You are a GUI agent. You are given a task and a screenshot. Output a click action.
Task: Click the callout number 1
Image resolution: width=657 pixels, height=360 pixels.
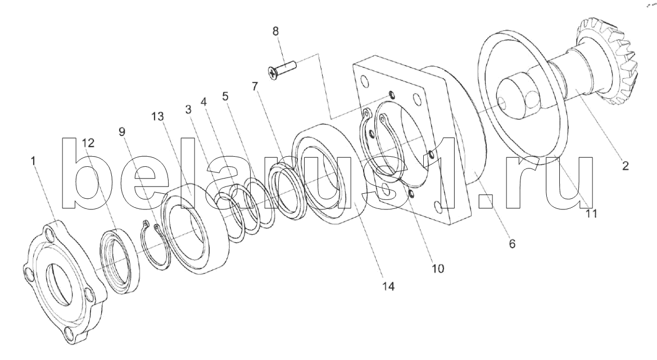pyautogui.click(x=34, y=161)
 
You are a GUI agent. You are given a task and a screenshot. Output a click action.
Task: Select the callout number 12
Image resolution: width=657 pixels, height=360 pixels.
pyautogui.click(x=88, y=143)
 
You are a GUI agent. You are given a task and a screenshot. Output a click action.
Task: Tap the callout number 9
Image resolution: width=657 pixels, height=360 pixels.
pyautogui.click(x=122, y=131)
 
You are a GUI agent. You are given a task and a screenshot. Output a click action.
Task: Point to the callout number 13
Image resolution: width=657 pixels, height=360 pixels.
pyautogui.click(x=158, y=116)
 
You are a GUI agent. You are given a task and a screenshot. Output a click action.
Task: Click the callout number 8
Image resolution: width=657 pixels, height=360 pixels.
pyautogui.click(x=275, y=30)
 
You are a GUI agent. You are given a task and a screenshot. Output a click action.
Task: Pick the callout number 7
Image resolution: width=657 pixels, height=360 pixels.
pyautogui.click(x=255, y=86)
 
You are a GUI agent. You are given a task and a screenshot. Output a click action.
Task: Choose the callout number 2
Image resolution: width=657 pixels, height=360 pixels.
pyautogui.click(x=625, y=166)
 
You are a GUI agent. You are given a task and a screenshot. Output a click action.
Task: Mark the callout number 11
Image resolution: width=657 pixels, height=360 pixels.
pyautogui.click(x=591, y=213)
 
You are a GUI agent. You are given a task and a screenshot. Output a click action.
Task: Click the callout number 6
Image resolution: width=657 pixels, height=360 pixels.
pyautogui.click(x=512, y=244)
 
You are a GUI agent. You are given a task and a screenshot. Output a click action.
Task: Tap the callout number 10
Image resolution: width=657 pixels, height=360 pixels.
pyautogui.click(x=437, y=268)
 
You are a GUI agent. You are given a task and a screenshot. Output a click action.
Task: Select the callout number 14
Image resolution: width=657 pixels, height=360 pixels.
pyautogui.click(x=388, y=286)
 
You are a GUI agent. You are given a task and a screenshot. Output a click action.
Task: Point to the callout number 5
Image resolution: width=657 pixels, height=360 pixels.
pyautogui.click(x=225, y=95)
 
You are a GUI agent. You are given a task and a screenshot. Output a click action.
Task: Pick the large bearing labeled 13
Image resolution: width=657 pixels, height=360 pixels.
pyautogui.click(x=197, y=230)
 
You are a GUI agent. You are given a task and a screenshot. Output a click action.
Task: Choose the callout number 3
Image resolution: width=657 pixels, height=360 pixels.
pyautogui.click(x=188, y=107)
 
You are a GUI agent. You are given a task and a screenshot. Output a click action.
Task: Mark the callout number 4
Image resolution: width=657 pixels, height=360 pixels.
pyautogui.click(x=203, y=102)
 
